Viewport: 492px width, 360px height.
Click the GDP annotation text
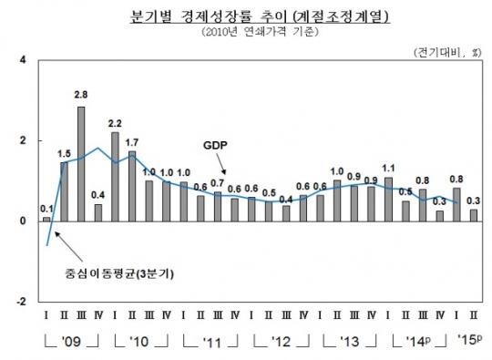(x=214, y=145)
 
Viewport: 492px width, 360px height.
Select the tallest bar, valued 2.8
(x=81, y=164)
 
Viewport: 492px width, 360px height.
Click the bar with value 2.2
(x=115, y=176)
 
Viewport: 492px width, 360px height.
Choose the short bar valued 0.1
(x=46, y=219)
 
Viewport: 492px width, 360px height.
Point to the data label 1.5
(x=65, y=153)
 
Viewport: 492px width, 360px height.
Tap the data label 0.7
(x=217, y=183)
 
